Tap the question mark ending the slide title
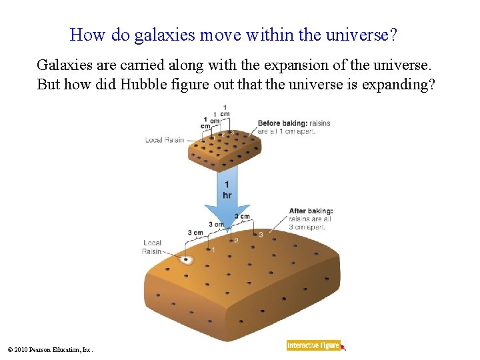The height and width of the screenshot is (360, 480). [x=393, y=35]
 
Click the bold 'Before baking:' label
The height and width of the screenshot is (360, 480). [x=283, y=123]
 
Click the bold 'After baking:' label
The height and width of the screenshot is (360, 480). [x=310, y=211]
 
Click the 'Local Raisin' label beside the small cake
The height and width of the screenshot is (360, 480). [x=164, y=140]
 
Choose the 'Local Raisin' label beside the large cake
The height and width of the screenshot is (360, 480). [x=152, y=247]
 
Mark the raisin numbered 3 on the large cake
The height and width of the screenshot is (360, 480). [x=255, y=234]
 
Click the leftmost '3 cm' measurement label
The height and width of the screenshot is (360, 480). [x=195, y=233]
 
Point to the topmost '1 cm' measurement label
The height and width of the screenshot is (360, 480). [x=225, y=111]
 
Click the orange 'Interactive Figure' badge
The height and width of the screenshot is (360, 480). [x=313, y=345]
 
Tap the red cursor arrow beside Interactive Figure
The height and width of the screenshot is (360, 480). [x=343, y=347]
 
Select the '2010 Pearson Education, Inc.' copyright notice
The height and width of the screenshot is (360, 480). [x=50, y=349]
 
